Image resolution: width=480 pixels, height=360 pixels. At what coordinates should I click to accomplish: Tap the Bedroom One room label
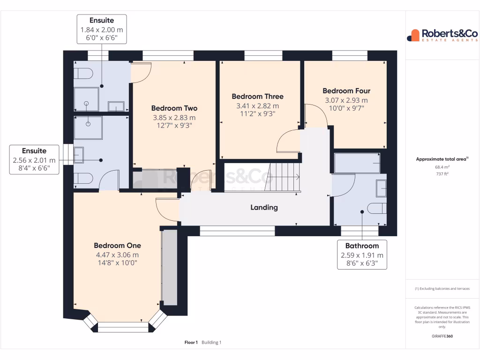click(117, 246)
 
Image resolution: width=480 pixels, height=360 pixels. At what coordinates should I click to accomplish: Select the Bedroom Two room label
click(174, 108)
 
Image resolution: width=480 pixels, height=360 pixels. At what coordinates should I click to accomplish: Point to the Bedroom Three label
click(257, 97)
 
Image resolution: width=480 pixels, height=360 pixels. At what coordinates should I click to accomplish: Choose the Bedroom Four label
click(346, 91)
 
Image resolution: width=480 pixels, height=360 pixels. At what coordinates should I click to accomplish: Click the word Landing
click(264, 207)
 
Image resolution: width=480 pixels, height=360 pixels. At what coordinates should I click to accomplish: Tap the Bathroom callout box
click(362, 255)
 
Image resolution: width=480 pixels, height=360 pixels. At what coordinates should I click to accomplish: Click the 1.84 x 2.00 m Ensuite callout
click(102, 29)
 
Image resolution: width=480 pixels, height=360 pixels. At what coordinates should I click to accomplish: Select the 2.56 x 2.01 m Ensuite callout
click(34, 159)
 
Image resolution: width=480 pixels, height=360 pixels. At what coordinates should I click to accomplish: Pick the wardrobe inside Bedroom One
click(169, 267)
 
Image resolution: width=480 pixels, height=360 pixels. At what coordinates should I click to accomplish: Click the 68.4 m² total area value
click(443, 166)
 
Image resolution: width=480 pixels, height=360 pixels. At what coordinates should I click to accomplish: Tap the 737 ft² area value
click(443, 173)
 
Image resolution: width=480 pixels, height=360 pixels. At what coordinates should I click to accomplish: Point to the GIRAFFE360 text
click(443, 336)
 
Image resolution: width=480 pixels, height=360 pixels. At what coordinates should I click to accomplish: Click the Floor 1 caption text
click(191, 343)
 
